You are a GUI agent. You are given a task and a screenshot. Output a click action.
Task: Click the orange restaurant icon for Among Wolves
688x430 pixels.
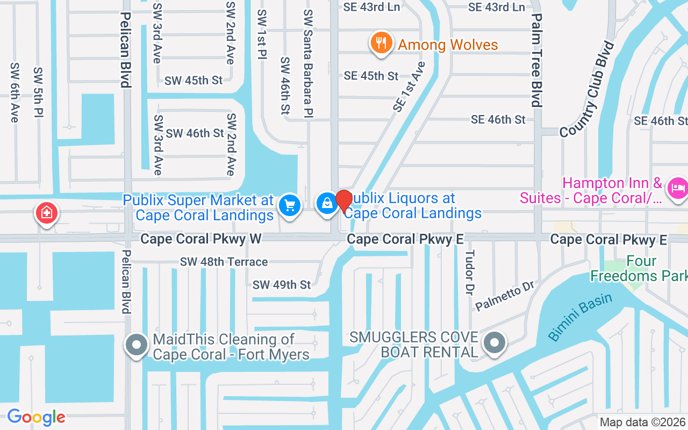[x=381, y=42]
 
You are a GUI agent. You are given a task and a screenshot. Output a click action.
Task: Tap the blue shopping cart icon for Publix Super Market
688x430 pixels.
[x=290, y=205]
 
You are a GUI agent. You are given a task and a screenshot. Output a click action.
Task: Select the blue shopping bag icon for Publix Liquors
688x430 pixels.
[x=327, y=203]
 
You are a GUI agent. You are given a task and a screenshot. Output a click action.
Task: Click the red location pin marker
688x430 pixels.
[x=344, y=202]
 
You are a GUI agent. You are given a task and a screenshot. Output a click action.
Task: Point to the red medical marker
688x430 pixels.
[x=47, y=213]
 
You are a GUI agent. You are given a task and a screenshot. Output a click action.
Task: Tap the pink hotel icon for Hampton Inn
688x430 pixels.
[x=677, y=188]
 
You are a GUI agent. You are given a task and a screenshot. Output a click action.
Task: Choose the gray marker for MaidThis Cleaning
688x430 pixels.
[x=137, y=344]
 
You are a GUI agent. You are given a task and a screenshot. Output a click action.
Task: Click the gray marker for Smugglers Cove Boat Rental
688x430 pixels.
[x=494, y=342]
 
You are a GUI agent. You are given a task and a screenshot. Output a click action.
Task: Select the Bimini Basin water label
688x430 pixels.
[x=580, y=317]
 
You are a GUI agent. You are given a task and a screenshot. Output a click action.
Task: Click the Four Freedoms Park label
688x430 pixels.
[x=639, y=269]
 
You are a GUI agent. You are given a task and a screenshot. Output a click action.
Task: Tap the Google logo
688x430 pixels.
[x=36, y=417]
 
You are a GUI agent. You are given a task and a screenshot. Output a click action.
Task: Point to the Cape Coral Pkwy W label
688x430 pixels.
[x=201, y=239]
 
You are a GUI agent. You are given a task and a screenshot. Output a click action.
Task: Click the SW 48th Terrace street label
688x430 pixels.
[x=224, y=262]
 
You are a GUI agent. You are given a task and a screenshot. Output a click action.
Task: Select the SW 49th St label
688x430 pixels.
[x=282, y=284]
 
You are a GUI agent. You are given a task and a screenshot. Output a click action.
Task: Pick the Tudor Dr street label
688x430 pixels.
[x=470, y=272]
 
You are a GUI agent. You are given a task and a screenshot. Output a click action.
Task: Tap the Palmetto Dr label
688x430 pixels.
[x=504, y=298]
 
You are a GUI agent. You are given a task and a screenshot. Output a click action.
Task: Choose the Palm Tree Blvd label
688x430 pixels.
[x=536, y=61]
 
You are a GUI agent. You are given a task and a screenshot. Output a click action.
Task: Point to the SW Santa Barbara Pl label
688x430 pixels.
[x=308, y=62]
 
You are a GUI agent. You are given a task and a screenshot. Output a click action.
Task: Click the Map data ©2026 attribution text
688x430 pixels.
[x=643, y=422]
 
